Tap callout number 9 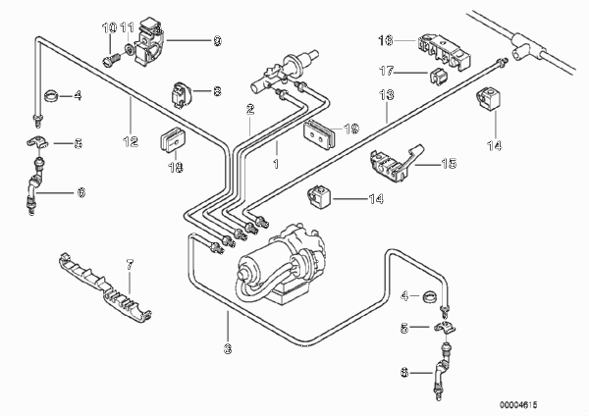click(x=218, y=41)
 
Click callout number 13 click(x=386, y=96)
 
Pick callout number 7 click(x=128, y=263)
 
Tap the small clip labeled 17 click(x=437, y=75)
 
